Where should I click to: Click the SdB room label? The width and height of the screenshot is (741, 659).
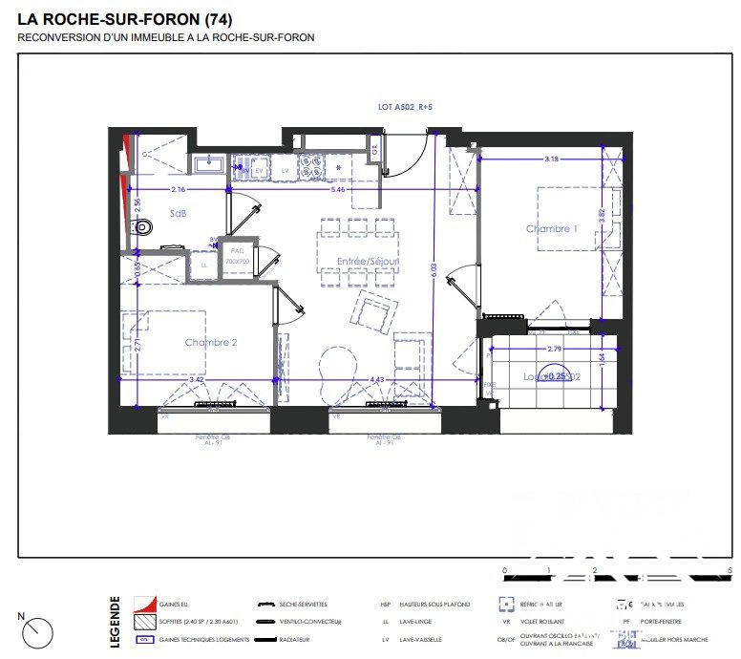point(179,212)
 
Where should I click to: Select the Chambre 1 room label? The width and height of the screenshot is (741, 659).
point(552,228)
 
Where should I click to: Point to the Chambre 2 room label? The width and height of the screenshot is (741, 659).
point(211,342)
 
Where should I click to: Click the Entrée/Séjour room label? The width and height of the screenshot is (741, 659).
point(368,261)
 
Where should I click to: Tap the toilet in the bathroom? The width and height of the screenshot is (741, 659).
point(142,227)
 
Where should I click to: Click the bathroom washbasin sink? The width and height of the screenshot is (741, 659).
point(208,164)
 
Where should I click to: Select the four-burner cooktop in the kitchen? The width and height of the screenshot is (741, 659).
point(310,168)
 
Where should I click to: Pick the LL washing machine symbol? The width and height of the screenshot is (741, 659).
point(203,266)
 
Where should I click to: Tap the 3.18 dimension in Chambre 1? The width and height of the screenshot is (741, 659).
point(552,159)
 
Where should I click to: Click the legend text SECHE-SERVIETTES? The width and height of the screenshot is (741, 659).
point(304,605)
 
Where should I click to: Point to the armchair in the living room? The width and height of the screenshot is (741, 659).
point(373,312)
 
